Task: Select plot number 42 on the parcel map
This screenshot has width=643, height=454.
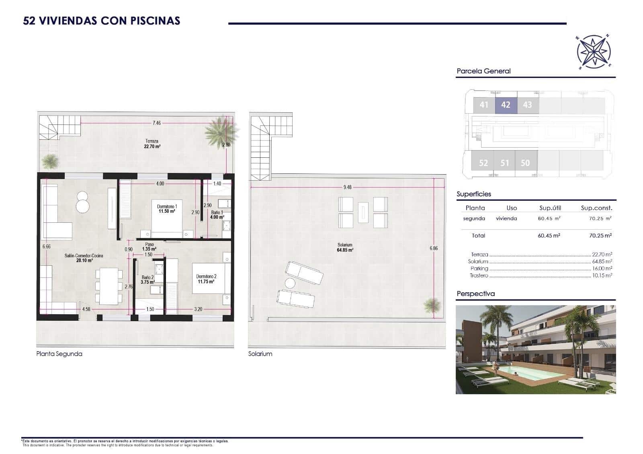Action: click(x=506, y=105)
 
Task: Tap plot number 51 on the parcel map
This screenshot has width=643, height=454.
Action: click(x=505, y=163)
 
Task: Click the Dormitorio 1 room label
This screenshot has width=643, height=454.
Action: click(x=167, y=208)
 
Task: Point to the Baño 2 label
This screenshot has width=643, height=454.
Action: click(x=147, y=279)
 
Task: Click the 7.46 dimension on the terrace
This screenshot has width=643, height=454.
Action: click(x=156, y=123)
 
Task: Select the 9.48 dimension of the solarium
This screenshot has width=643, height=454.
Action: click(x=347, y=187)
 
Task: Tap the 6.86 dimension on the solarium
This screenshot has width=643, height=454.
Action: click(x=433, y=248)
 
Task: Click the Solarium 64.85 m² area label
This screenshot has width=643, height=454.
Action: click(x=345, y=247)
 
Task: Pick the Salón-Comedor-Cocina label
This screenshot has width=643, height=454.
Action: click(x=84, y=258)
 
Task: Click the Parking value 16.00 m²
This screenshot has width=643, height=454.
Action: click(x=602, y=269)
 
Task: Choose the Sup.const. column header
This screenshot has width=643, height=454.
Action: click(x=596, y=208)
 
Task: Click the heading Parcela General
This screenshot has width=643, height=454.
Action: click(x=483, y=71)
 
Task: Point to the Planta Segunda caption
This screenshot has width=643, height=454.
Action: click(x=59, y=354)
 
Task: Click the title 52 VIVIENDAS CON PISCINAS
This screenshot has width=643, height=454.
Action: click(x=102, y=21)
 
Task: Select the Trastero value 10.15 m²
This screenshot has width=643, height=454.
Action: click(x=602, y=276)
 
